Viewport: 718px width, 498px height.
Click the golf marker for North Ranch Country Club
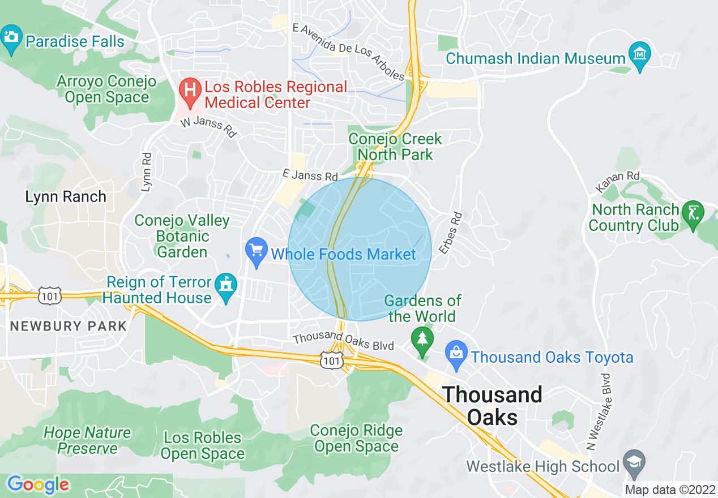(693, 214)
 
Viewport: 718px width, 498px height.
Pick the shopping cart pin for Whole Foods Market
(257, 251)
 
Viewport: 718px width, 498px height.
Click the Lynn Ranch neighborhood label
(66, 197)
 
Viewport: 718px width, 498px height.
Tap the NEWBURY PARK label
(69, 327)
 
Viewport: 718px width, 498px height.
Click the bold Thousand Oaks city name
(493, 406)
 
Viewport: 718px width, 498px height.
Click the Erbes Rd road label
(451, 233)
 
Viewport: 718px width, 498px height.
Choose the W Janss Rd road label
(208, 127)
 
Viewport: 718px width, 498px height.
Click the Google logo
(39, 484)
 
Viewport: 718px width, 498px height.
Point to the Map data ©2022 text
(670, 490)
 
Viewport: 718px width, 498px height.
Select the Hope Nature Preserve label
(87, 440)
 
